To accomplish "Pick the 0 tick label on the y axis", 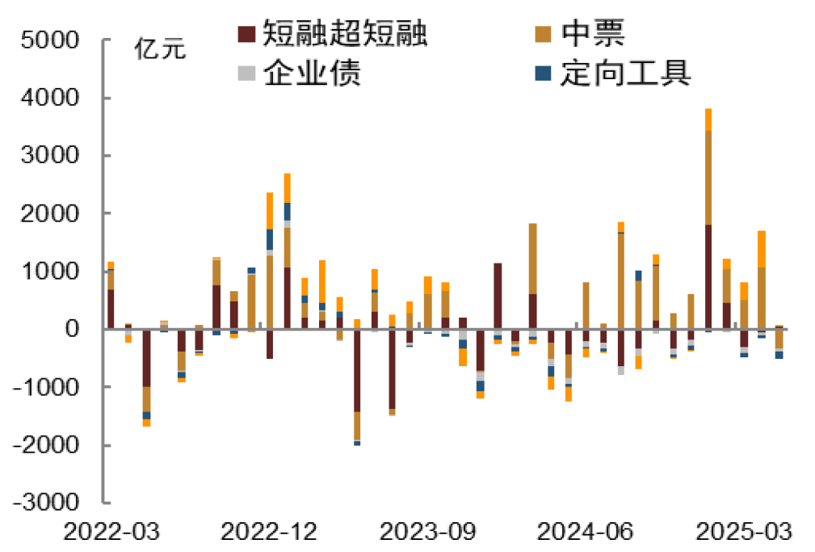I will pos(73,330).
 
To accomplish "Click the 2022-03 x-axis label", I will pos(111,531).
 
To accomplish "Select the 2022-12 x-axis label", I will pos(270,531).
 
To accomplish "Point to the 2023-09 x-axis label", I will pos(428,531).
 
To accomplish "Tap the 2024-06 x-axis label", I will pos(586,531).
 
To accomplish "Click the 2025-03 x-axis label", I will pos(744,531).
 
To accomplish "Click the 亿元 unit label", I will pos(160,49).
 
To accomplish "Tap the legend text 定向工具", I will pos(626,73).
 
